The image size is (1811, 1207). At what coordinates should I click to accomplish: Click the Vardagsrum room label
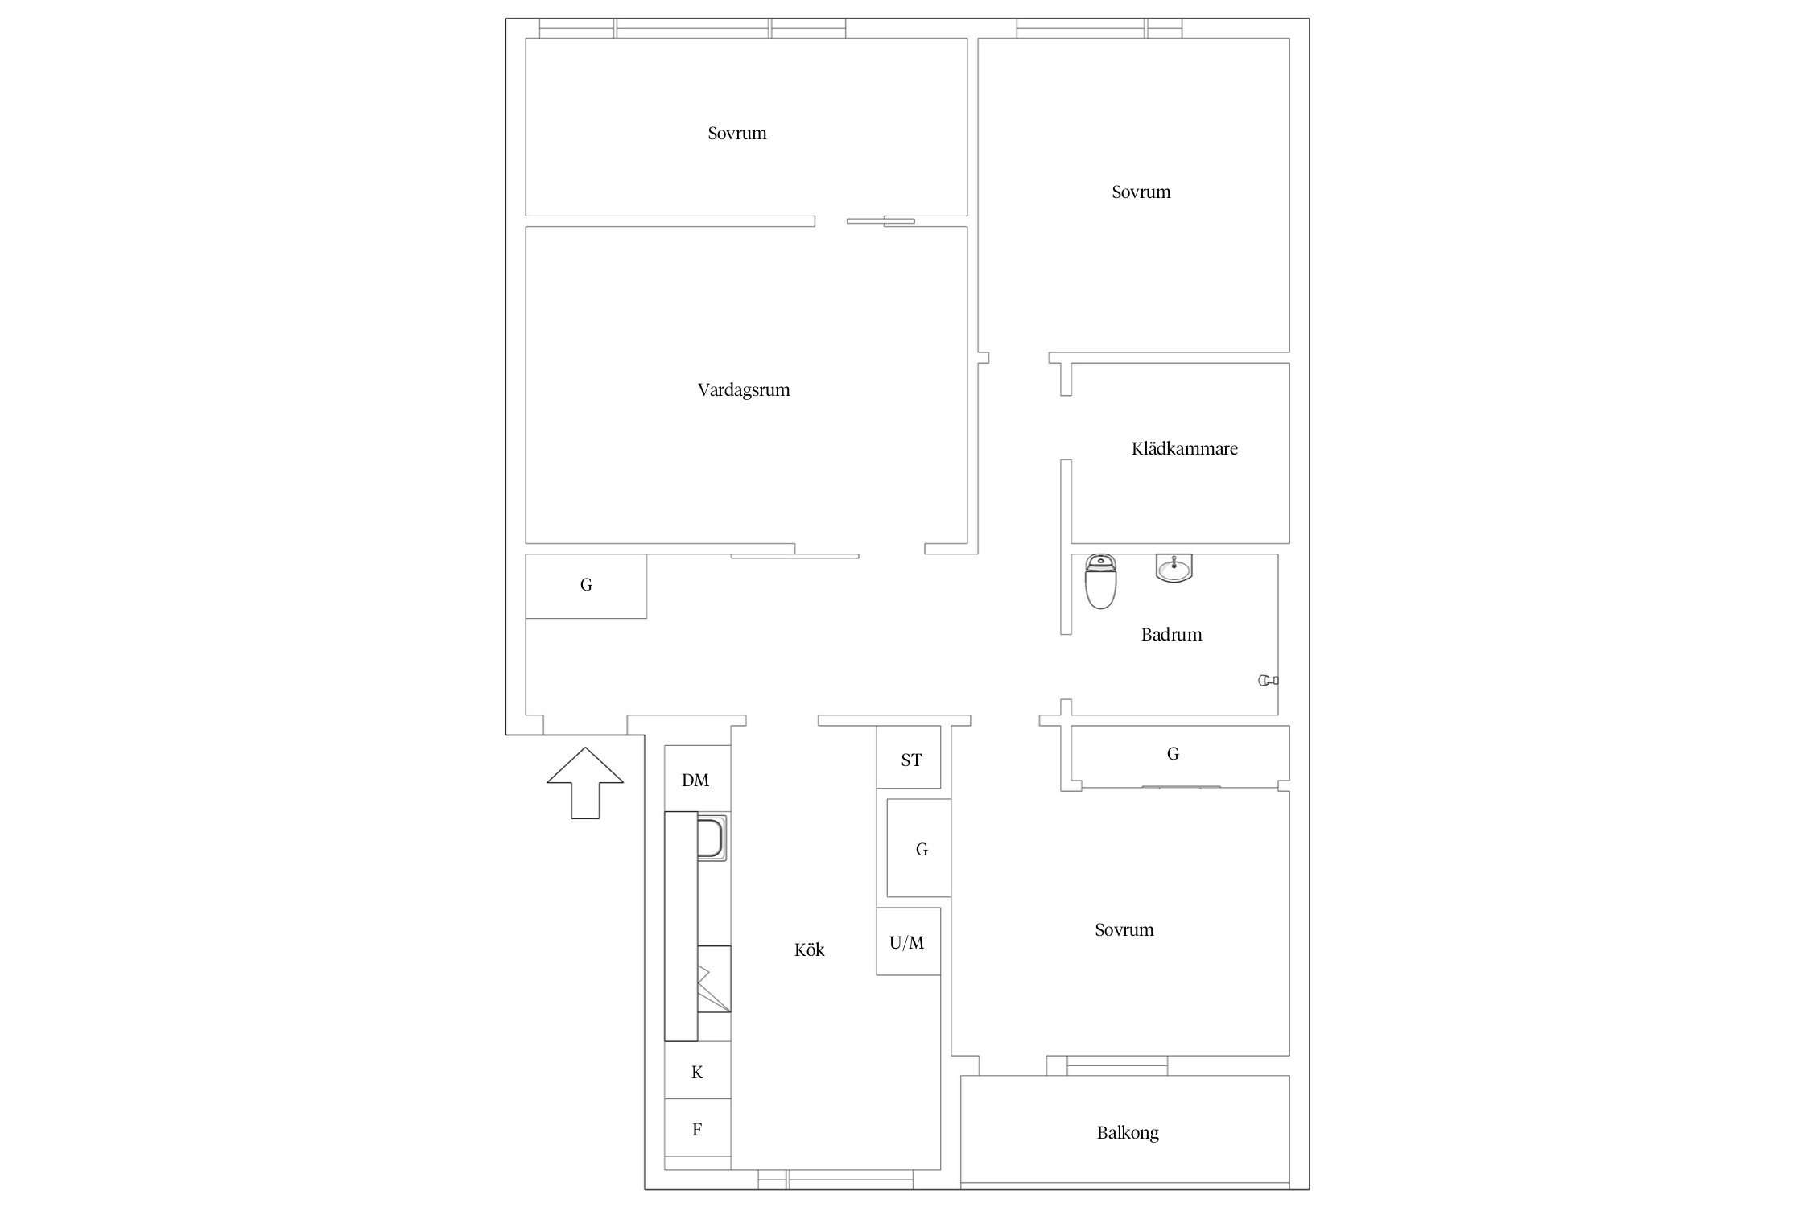click(x=744, y=390)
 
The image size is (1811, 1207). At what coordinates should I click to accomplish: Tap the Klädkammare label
click(x=1184, y=448)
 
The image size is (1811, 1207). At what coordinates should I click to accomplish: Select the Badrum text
click(x=1171, y=634)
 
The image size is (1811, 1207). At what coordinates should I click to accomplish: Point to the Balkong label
click(x=1128, y=1133)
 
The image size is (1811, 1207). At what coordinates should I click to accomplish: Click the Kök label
click(x=810, y=950)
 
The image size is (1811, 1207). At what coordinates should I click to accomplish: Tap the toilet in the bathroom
click(x=1100, y=581)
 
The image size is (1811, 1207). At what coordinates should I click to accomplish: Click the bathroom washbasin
click(x=1174, y=567)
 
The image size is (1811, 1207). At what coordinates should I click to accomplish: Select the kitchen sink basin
click(x=712, y=837)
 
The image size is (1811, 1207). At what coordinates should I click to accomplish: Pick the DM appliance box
click(x=697, y=779)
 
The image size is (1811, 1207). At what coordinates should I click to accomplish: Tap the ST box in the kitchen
click(x=908, y=757)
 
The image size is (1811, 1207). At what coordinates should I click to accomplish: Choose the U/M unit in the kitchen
click(x=908, y=941)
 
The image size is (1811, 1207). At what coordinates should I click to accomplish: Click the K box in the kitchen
click(x=697, y=1071)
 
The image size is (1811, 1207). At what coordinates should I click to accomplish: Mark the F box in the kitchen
click(x=697, y=1128)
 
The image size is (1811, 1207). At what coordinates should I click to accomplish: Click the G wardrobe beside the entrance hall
click(x=586, y=586)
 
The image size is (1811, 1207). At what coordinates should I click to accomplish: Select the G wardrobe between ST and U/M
click(x=919, y=848)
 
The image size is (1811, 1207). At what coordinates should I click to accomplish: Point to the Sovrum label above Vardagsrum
click(x=737, y=134)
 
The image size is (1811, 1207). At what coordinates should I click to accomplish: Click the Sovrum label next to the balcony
click(x=1124, y=930)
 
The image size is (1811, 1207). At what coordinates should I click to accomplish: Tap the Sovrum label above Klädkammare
click(x=1141, y=192)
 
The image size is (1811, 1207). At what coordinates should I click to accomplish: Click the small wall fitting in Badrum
click(x=1269, y=681)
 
